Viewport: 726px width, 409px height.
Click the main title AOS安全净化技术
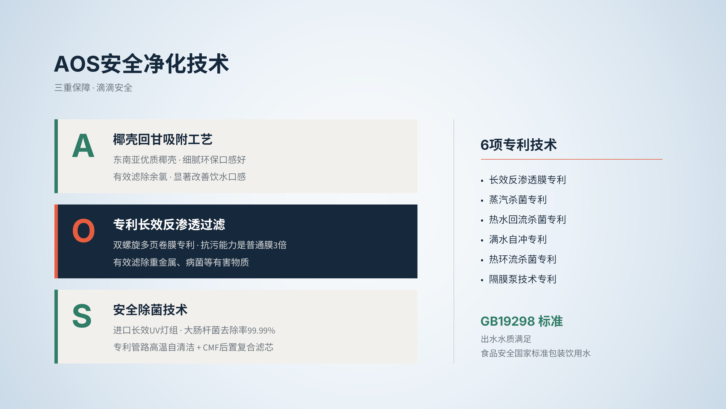[141, 64]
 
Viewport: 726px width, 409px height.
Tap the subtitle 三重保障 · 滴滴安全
[93, 87]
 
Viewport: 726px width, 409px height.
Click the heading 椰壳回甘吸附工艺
[163, 139]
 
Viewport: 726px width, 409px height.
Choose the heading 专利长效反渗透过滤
[169, 225]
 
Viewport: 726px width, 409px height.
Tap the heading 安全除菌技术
[150, 310]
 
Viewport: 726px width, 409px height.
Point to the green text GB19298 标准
[522, 321]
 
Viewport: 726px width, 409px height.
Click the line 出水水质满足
[506, 339]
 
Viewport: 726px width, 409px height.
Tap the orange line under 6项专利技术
[572, 159]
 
